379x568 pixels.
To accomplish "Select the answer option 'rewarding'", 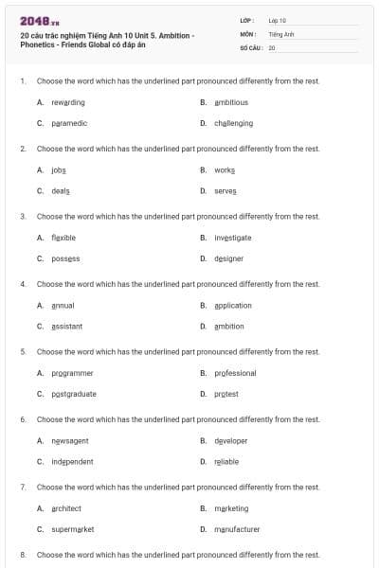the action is coord(68,102).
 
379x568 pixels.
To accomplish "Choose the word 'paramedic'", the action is coord(70,123).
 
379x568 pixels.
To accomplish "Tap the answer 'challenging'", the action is coord(233,123).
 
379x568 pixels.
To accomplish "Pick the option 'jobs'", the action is coord(59,169).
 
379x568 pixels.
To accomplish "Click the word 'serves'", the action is coord(226,190).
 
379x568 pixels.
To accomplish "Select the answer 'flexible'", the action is coord(63,238).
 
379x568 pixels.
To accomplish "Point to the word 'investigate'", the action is coord(233,238).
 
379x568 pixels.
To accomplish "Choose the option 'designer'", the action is coord(228,258).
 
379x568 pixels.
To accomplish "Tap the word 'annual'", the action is coord(63,305).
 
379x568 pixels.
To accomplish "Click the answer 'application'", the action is coord(233,305).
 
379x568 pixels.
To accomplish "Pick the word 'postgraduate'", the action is coord(74,394).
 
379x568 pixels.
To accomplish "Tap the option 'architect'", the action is coord(66,508).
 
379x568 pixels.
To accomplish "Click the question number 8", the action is coord(23,555).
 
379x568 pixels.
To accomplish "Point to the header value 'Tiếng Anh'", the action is coord(282,33).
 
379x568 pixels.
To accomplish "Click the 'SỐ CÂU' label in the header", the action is coord(251,46).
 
